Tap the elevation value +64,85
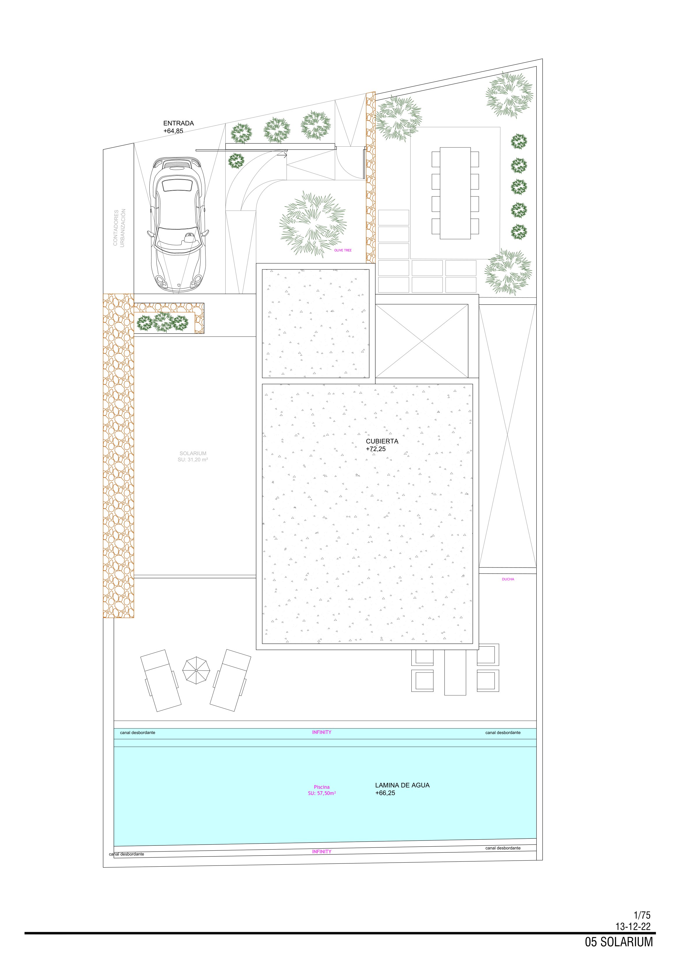click(173, 131)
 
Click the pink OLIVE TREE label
click(343, 250)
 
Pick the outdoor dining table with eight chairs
click(455, 193)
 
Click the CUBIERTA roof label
click(382, 441)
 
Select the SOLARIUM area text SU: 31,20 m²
click(193, 460)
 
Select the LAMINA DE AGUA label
click(402, 785)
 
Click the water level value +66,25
click(385, 793)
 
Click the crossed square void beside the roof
click(422, 340)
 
